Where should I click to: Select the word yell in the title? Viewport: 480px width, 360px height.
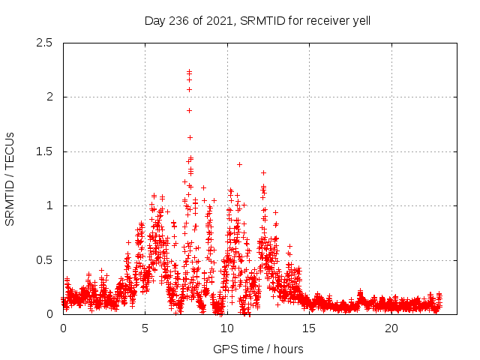pos(359,21)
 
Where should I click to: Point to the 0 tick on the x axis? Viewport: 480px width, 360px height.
pos(63,328)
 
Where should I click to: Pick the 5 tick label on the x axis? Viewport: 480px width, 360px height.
pos(145,328)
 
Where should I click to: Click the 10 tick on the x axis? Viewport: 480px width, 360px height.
pos(227,328)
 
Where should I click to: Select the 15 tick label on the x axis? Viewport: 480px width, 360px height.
pos(309,328)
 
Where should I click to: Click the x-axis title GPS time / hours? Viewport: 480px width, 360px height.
pos(258,349)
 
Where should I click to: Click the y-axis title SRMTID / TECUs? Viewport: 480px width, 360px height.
pos(10,178)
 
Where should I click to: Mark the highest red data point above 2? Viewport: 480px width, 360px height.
pos(190,72)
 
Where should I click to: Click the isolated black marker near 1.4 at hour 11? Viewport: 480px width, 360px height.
pos(239,164)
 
